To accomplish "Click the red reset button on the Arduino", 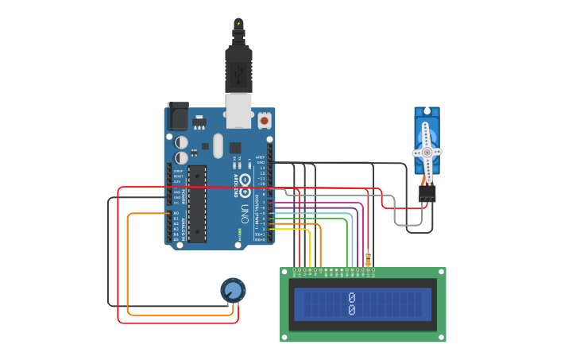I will point(264,121).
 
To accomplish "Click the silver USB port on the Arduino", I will point(238,111).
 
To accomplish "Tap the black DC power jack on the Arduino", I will point(177,118).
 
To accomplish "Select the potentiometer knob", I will point(233,290).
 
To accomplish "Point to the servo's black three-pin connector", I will point(427,193).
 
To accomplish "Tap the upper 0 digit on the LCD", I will point(352,298).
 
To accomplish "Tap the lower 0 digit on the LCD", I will point(352,311).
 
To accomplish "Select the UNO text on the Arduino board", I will point(244,213).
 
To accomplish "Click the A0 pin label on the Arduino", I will point(176,214).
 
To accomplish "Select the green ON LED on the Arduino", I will point(239,234).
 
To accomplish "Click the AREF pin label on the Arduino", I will point(261,157).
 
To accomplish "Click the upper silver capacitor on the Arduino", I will point(182,142).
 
